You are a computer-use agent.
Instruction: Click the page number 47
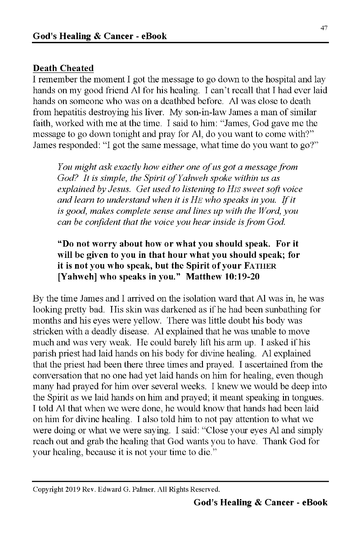(x=324, y=28)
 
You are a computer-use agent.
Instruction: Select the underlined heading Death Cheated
(x=63, y=68)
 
